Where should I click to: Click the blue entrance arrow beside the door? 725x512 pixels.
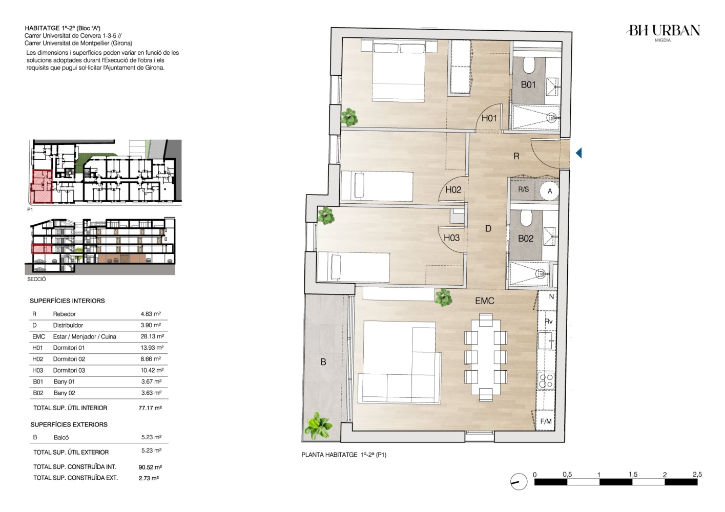click(x=578, y=153)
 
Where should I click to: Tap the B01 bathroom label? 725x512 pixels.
click(x=528, y=85)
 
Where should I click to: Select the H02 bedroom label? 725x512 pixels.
click(x=453, y=190)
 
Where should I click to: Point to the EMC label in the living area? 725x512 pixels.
click(x=485, y=301)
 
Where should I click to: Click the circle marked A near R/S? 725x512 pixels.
click(x=550, y=191)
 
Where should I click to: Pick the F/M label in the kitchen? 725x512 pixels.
click(x=546, y=421)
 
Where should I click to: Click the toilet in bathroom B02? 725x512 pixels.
click(x=527, y=218)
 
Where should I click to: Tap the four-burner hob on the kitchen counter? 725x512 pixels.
click(x=546, y=380)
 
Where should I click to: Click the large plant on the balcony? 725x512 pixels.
click(x=319, y=425)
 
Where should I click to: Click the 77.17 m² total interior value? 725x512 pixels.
click(x=150, y=408)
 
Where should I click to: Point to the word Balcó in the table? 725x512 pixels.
click(x=61, y=438)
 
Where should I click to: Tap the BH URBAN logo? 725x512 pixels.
click(x=663, y=33)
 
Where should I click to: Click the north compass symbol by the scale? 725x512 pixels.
click(x=519, y=482)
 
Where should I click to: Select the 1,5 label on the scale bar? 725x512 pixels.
click(x=633, y=475)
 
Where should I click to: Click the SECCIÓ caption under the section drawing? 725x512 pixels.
click(x=36, y=279)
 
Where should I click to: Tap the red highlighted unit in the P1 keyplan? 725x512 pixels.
click(x=42, y=187)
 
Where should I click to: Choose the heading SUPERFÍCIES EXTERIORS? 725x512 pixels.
click(x=69, y=424)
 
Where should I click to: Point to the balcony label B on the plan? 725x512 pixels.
click(x=323, y=362)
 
